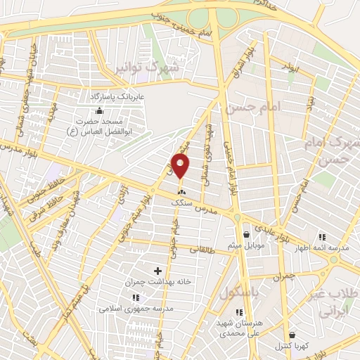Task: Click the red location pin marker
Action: coord(181,167)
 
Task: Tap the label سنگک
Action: coord(182,201)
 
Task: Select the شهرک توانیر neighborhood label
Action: coord(150,69)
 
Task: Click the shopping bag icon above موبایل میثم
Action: coord(246,234)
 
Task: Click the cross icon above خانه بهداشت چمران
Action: coord(157,271)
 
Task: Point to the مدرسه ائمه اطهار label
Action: coord(322,248)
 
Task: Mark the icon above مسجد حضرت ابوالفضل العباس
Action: coord(99,110)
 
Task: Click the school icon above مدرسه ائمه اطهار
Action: coord(322,237)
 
